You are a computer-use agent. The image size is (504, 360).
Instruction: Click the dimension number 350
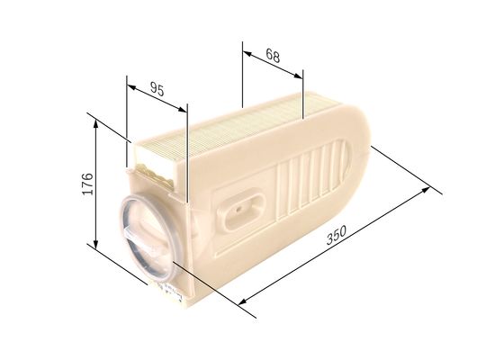click(x=335, y=238)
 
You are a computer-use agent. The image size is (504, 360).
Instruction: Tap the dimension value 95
click(x=156, y=89)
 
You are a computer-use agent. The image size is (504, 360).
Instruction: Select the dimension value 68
click(x=273, y=56)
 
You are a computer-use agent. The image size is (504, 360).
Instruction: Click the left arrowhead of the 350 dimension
click(x=244, y=304)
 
